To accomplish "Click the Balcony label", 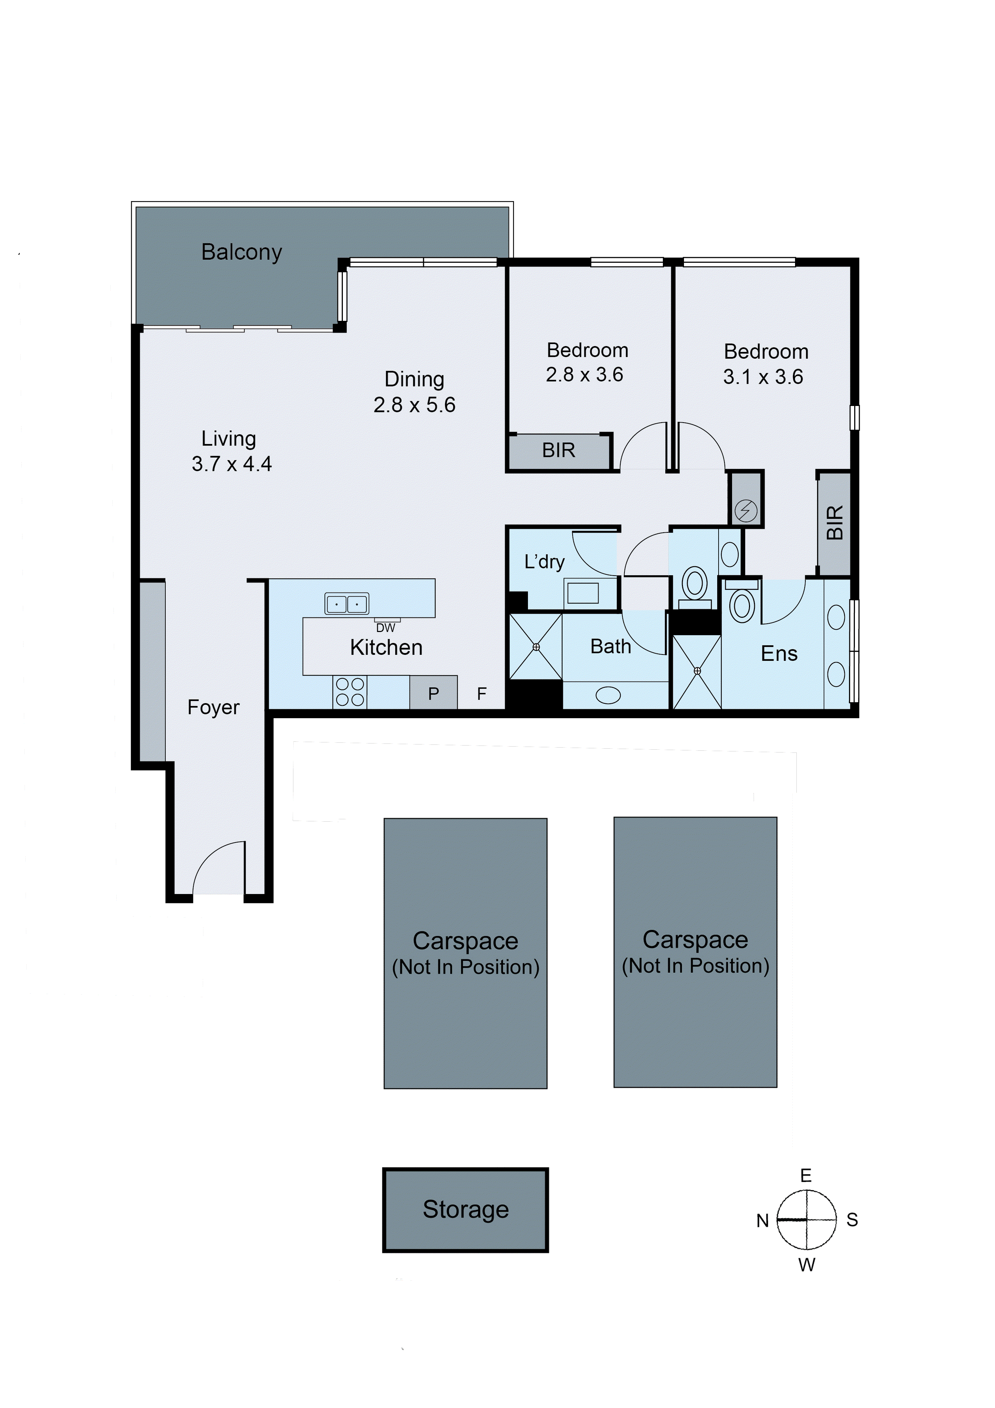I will click(241, 252).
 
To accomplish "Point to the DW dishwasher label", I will click(386, 628).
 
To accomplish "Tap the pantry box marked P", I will click(433, 693).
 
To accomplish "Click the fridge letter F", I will click(482, 694).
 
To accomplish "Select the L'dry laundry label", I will click(545, 562).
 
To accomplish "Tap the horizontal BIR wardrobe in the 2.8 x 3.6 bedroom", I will click(558, 451).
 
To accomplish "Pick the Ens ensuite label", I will click(779, 654).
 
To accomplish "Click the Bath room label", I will click(611, 646).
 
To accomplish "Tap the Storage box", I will click(465, 1209).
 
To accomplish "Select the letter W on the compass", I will click(807, 1264).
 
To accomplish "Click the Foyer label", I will click(213, 707).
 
